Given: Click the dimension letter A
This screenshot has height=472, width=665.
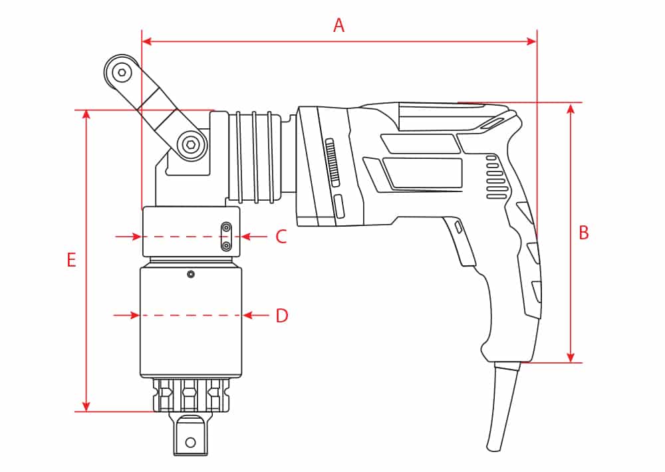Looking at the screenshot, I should pyautogui.click(x=338, y=26).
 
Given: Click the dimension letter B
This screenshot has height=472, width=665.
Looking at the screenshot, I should pyautogui.click(x=583, y=233).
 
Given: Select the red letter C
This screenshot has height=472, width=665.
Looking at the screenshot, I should pyautogui.click(x=281, y=237).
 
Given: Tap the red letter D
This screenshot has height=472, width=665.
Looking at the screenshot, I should pyautogui.click(x=282, y=316).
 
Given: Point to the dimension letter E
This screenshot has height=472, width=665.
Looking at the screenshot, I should pyautogui.click(x=71, y=260).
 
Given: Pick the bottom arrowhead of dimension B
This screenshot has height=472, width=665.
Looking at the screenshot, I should pyautogui.click(x=571, y=357).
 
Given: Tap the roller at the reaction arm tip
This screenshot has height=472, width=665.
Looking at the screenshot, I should pyautogui.click(x=121, y=70).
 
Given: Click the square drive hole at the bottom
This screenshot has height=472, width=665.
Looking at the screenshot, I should pyautogui.click(x=191, y=441).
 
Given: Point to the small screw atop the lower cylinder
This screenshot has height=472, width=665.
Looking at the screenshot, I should pyautogui.click(x=191, y=274).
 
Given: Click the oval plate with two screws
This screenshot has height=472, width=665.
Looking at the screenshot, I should pyautogui.click(x=227, y=237).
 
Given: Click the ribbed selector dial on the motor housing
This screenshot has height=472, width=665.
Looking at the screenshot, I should pyautogui.click(x=333, y=164).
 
